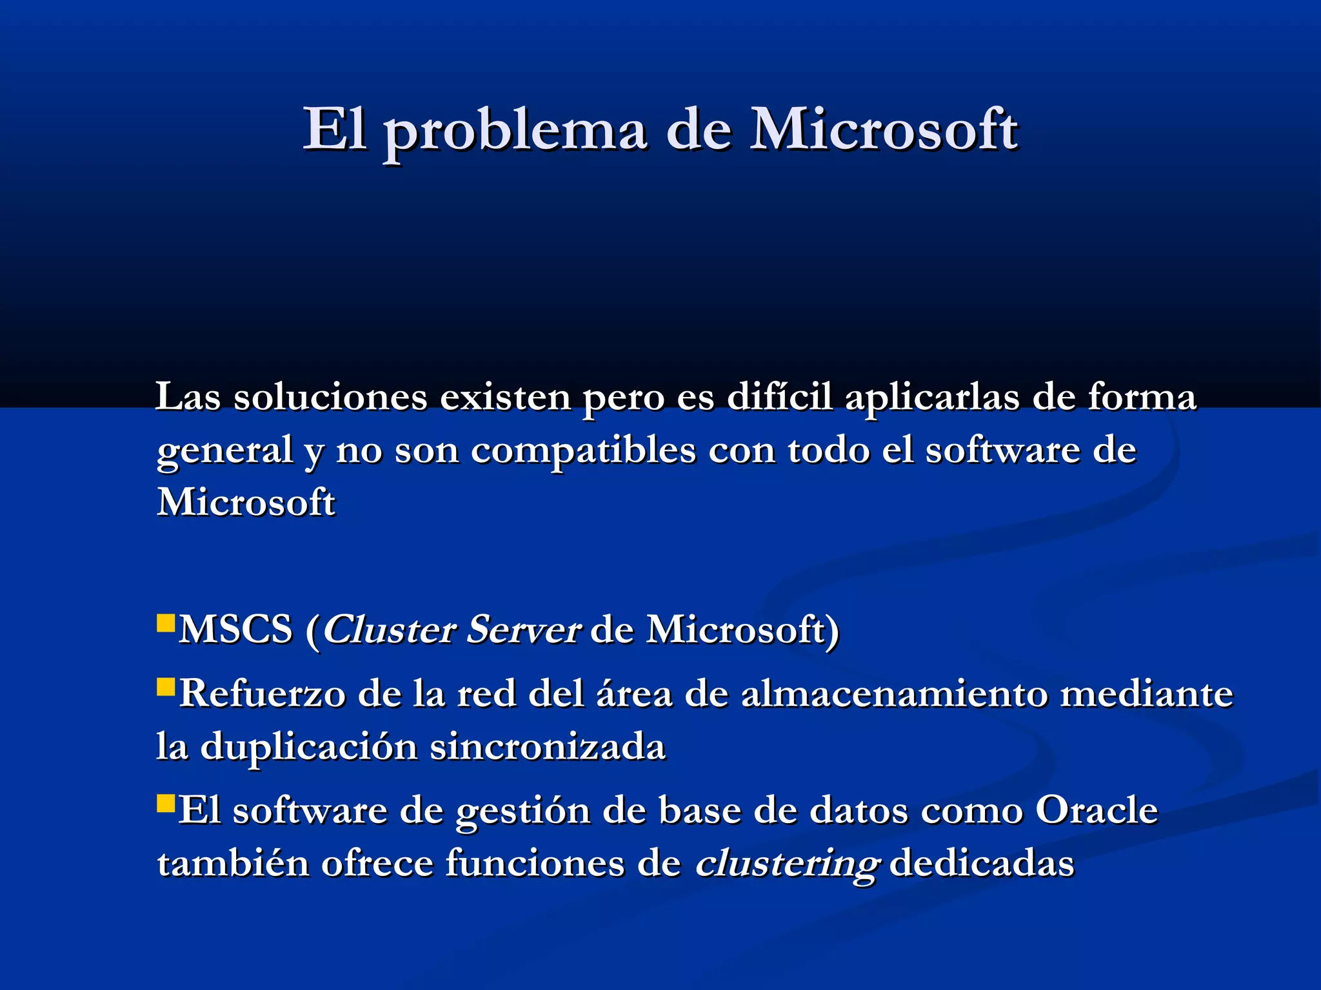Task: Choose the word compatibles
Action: (x=583, y=449)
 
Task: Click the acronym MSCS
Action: (x=235, y=629)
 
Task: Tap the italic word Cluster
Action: (x=390, y=629)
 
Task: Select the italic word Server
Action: (x=522, y=629)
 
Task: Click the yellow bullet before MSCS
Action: (x=166, y=623)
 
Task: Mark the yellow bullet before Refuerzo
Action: (x=166, y=687)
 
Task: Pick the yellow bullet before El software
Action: (x=166, y=804)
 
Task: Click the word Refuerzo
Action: (x=261, y=694)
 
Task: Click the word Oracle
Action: (x=1097, y=810)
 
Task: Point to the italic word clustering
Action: (x=786, y=864)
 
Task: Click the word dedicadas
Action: (x=981, y=863)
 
